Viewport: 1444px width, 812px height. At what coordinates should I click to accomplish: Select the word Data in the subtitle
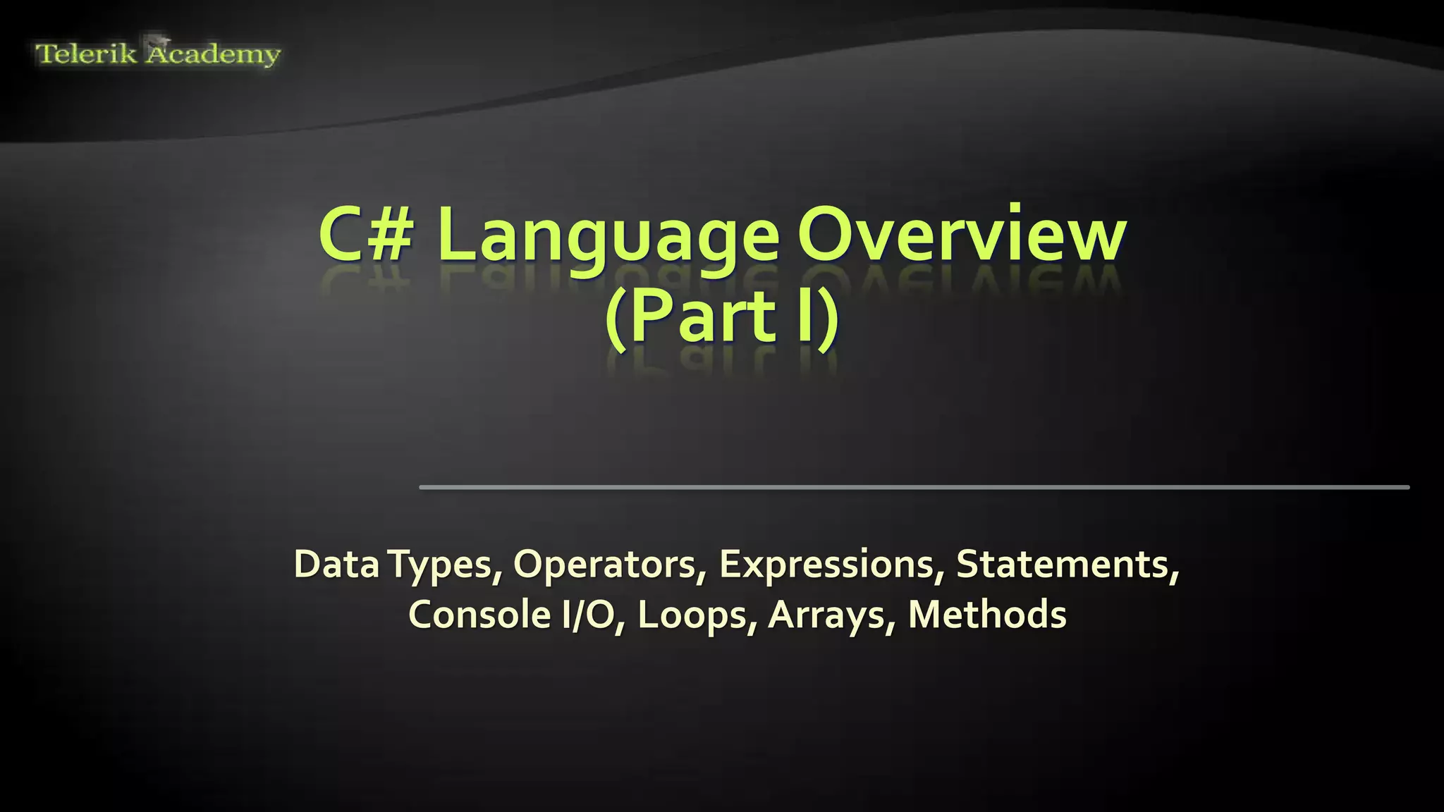pos(336,564)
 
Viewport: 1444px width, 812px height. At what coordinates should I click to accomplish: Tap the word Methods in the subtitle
pos(987,615)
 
